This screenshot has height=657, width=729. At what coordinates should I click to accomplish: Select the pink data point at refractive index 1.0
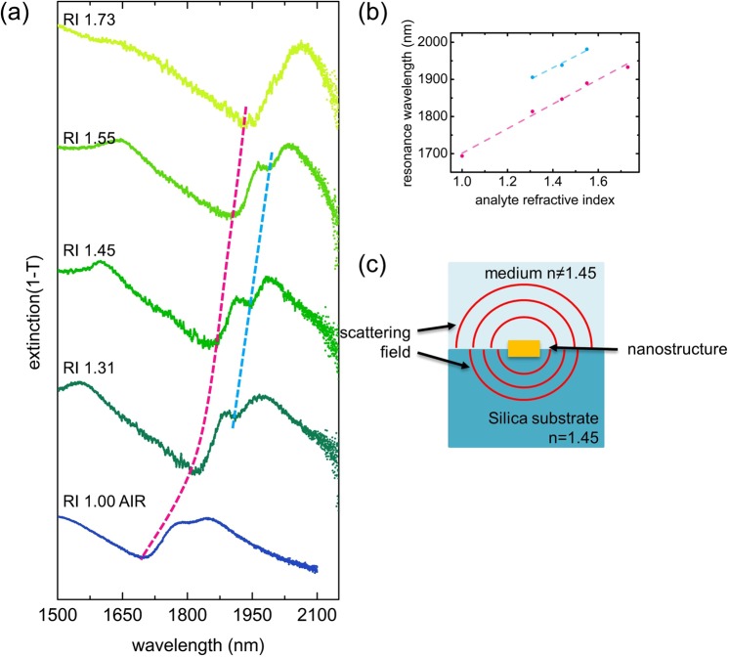[x=462, y=155]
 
